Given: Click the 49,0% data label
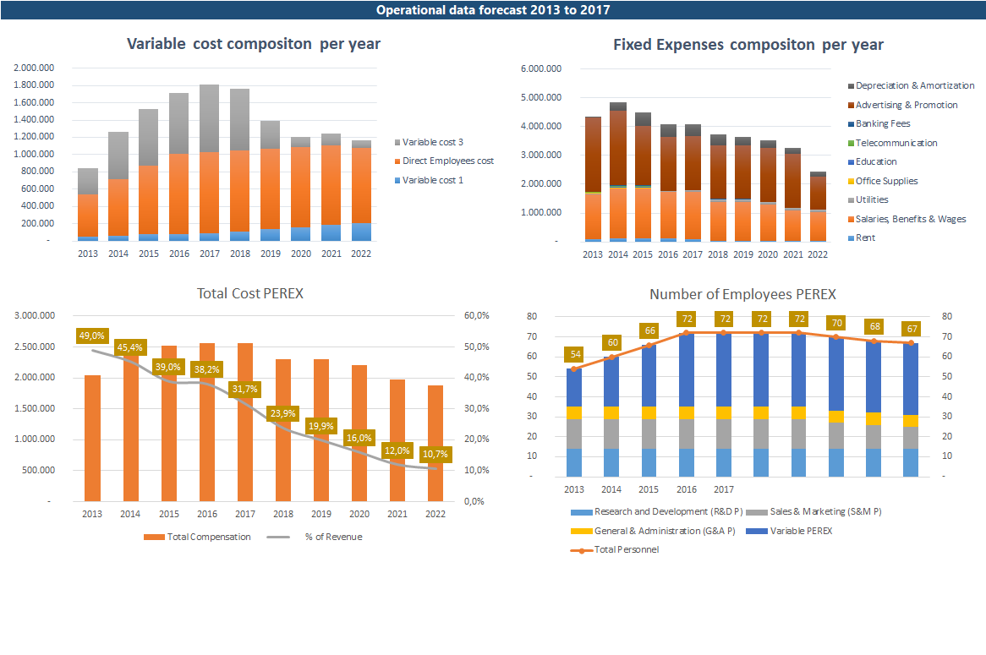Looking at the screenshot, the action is coord(92,336).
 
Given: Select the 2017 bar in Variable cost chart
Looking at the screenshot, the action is coord(210,163).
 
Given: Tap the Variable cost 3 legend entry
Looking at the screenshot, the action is coord(429,142).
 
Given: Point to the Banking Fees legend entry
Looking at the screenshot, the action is coord(879,124).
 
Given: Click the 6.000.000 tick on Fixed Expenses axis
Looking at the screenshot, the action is coord(541,68).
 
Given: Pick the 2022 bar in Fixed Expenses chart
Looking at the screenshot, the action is coord(818,206).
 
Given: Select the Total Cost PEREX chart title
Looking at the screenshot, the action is coord(250,293).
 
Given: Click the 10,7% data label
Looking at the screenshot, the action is coord(435,454).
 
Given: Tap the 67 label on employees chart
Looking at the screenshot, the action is coord(912,329).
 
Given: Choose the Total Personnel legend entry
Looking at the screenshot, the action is coord(615,550).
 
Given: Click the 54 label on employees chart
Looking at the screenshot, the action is coord(575,354).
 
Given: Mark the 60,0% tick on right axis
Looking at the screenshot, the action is coord(477,315).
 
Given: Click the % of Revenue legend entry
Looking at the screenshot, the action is coord(315,537).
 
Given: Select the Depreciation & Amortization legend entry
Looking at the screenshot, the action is coord(912,85).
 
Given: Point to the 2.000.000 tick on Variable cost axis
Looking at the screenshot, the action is coord(34,68).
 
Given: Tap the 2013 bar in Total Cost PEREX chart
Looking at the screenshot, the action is coord(92,438).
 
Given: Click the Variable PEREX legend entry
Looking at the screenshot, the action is coord(789,531).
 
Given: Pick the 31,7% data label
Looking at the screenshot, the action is coord(244,389).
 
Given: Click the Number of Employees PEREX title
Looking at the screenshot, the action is coord(742,294).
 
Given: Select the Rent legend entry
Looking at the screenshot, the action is coord(862,237).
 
